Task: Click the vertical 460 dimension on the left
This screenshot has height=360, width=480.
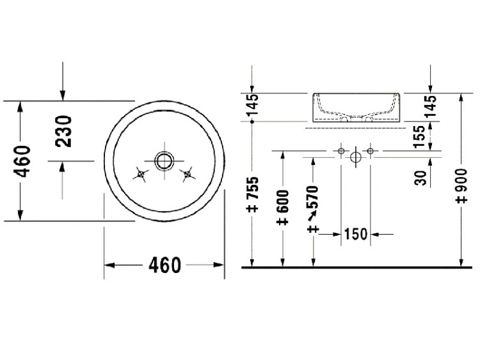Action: [x=22, y=161]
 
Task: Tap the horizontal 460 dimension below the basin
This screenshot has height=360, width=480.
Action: [x=164, y=265]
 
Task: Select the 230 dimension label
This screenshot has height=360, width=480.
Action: [x=63, y=131]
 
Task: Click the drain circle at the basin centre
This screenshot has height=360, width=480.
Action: [x=164, y=161]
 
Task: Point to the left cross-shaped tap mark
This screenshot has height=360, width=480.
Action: [x=141, y=175]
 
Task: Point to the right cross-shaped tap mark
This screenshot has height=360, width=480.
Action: [x=188, y=175]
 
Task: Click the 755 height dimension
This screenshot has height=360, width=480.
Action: [x=253, y=194]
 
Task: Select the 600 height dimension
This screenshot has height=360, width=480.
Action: [x=282, y=207]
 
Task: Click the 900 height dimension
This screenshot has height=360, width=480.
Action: [x=461, y=185]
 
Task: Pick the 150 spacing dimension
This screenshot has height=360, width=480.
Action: [x=356, y=234]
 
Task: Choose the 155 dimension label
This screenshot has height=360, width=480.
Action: [x=419, y=136]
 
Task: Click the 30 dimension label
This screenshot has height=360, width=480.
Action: [x=421, y=178]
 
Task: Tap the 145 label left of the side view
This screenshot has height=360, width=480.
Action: [x=253, y=105]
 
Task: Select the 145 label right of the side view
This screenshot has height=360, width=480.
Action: [x=431, y=106]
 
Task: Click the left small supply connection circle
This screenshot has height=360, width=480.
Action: [x=341, y=151]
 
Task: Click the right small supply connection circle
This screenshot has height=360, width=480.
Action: [x=371, y=151]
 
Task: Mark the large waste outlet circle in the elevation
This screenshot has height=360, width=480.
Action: [x=355, y=157]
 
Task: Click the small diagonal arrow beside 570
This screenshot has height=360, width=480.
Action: [x=312, y=216]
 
